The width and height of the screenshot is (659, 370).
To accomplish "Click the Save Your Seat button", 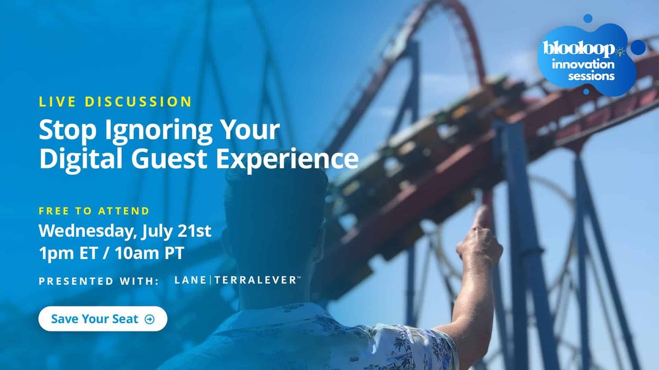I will pyautogui.click(x=102, y=319).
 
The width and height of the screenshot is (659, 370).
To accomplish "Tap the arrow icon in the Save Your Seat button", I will pyautogui.click(x=150, y=319).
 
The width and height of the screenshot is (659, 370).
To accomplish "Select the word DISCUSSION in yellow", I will pyautogui.click(x=138, y=101).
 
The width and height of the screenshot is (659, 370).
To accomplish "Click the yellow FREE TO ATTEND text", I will pyautogui.click(x=94, y=211).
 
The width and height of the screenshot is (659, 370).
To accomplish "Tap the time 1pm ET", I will pyautogui.click(x=68, y=253).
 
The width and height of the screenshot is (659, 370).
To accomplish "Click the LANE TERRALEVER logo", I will pyautogui.click(x=237, y=280).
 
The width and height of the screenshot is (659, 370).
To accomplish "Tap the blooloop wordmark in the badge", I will pyautogui.click(x=580, y=49).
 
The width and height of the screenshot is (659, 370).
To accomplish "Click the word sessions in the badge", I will pyautogui.click(x=591, y=76).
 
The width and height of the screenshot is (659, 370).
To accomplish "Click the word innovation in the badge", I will pyautogui.click(x=583, y=64).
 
